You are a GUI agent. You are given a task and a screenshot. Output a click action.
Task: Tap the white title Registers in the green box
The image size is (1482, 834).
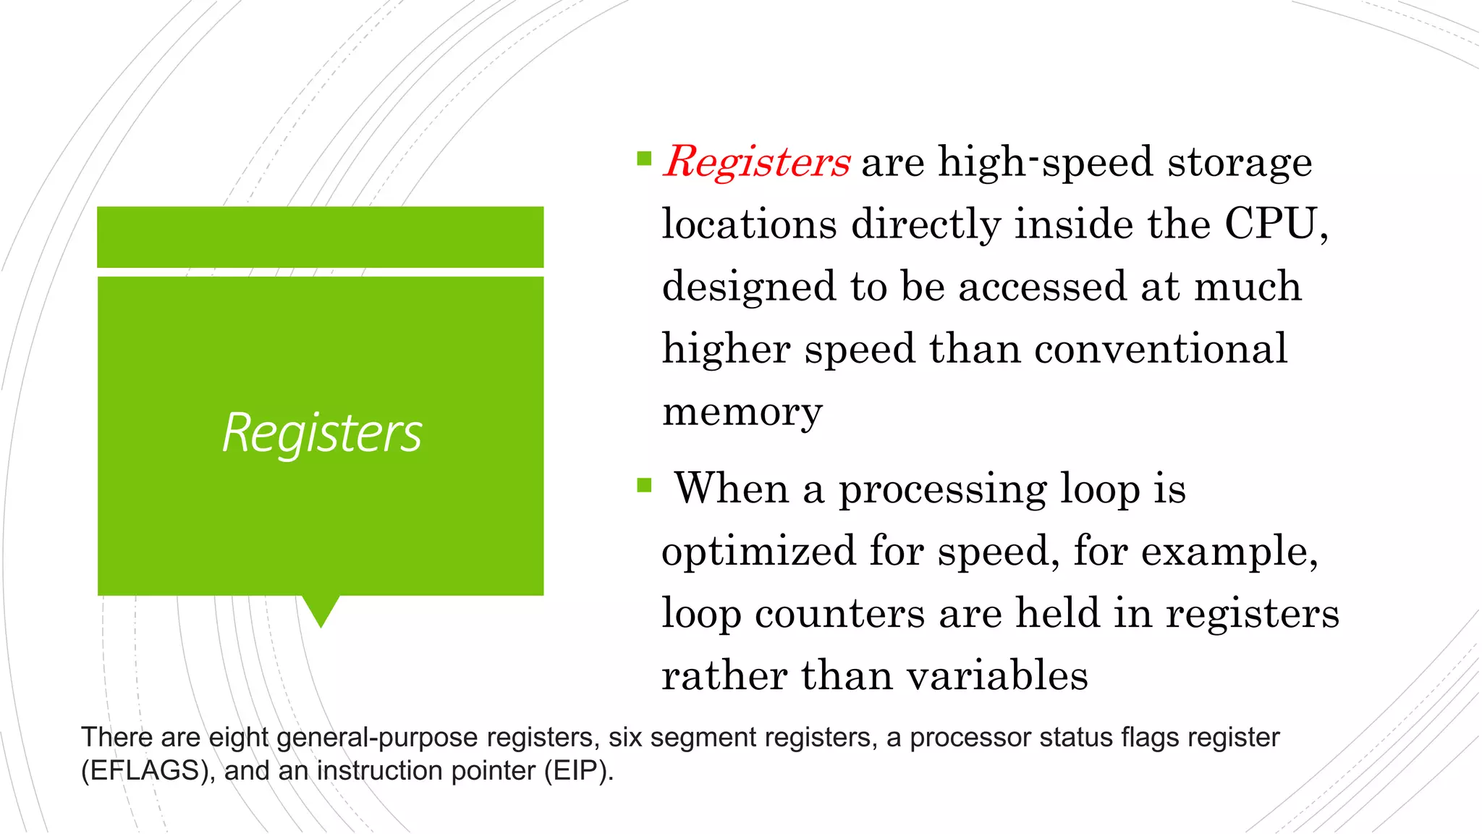click(x=322, y=433)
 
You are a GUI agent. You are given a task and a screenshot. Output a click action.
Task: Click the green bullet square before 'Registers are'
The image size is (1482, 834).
click(x=644, y=159)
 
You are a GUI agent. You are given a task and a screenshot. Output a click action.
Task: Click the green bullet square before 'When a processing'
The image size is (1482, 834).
click(x=644, y=484)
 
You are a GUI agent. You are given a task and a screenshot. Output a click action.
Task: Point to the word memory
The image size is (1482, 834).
click(x=742, y=413)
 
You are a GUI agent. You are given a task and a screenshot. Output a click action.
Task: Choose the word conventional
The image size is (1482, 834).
click(x=1161, y=349)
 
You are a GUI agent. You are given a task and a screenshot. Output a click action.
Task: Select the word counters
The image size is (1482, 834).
click(x=839, y=614)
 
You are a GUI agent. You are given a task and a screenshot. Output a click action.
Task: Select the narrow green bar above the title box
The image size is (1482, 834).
click(x=321, y=237)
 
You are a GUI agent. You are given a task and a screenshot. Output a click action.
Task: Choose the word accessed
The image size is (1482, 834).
click(x=1043, y=286)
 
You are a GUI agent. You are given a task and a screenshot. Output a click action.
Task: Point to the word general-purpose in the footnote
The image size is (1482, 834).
click(x=377, y=738)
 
